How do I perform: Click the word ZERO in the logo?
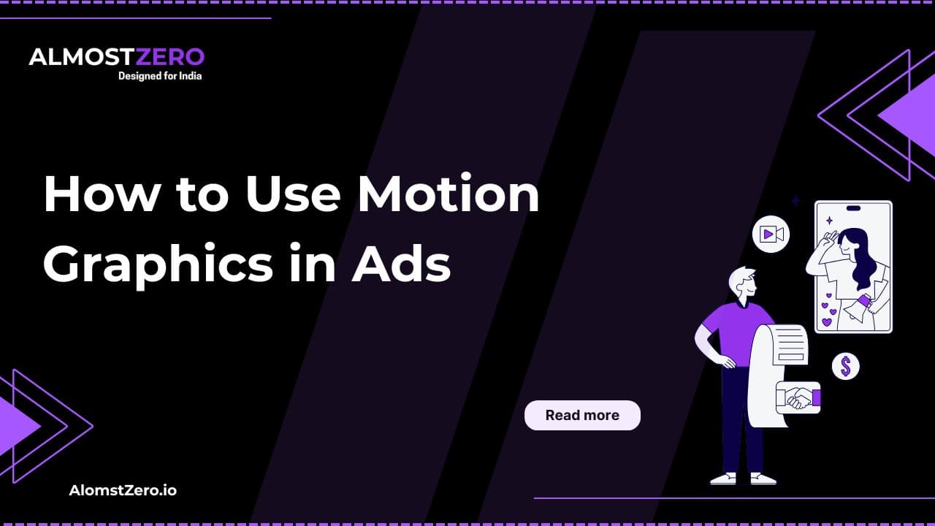pyautogui.click(x=170, y=57)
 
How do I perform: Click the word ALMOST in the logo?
pyautogui.click(x=82, y=57)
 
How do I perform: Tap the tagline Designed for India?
pyautogui.click(x=160, y=76)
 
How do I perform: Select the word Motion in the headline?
pyautogui.click(x=449, y=194)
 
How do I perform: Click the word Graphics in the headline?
pyautogui.click(x=159, y=265)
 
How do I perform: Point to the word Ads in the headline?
pyautogui.click(x=401, y=264)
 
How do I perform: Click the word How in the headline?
pyautogui.click(x=101, y=194)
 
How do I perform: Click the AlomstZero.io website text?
pyautogui.click(x=123, y=490)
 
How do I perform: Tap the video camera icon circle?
pyautogui.click(x=771, y=235)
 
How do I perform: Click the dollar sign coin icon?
pyautogui.click(x=846, y=367)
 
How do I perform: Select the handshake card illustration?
pyautogui.click(x=798, y=397)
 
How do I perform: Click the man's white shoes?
pyautogui.click(x=744, y=479)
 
